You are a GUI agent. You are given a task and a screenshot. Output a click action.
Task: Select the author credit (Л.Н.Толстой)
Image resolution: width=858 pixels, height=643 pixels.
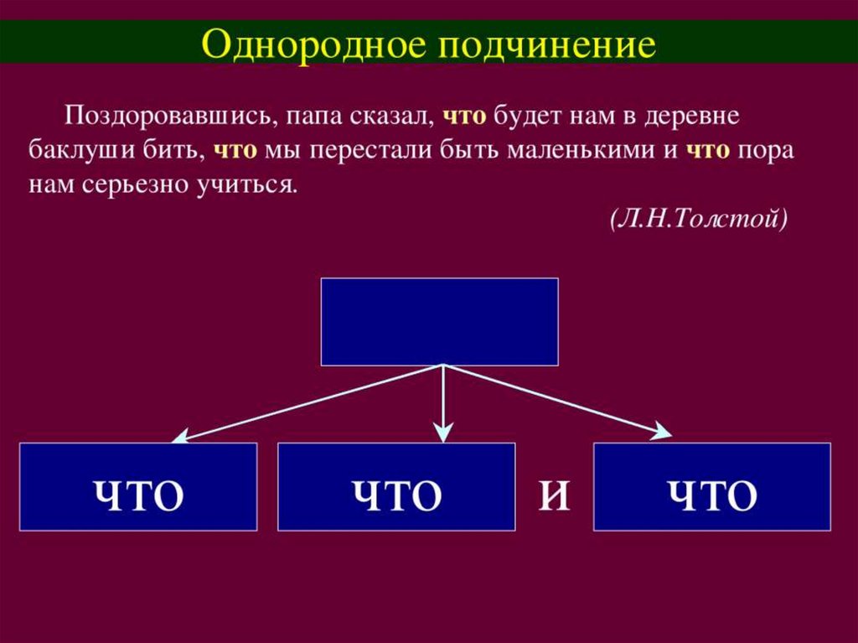[x=699, y=219]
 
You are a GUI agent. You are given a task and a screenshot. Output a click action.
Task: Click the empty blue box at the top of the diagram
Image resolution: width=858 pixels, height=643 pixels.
[x=439, y=322]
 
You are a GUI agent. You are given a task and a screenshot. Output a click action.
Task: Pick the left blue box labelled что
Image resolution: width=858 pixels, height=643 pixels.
[x=138, y=487]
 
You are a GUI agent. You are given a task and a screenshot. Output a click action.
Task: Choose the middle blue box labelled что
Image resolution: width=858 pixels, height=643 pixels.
[x=396, y=487]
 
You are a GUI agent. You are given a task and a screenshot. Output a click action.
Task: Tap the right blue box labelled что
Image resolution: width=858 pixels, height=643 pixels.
[x=712, y=487]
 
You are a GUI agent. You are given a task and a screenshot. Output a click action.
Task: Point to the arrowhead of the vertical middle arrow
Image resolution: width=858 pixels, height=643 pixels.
[x=442, y=433]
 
